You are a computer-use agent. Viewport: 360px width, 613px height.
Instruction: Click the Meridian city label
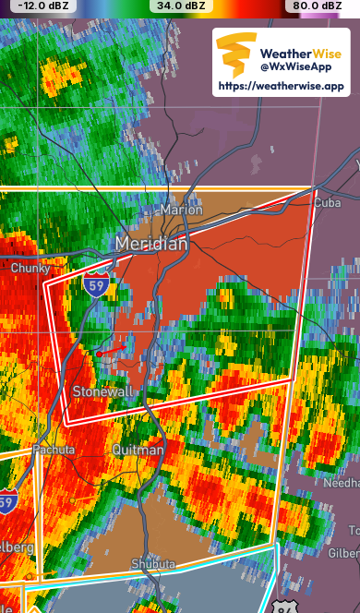click(151, 244)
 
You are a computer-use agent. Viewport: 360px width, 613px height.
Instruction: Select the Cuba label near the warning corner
click(328, 203)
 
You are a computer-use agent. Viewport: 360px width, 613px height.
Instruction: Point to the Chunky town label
click(30, 268)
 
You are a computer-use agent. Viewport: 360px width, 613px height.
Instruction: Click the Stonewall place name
click(103, 391)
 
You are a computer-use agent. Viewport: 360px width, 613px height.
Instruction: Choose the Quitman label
click(138, 450)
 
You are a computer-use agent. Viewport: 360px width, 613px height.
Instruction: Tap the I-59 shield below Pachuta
click(6, 502)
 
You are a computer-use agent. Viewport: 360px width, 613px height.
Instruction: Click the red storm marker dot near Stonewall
click(99, 353)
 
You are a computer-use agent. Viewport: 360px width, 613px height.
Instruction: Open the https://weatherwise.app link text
click(281, 86)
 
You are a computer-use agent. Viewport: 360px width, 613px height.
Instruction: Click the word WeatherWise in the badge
click(301, 53)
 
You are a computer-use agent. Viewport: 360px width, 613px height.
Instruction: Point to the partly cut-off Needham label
click(342, 484)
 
